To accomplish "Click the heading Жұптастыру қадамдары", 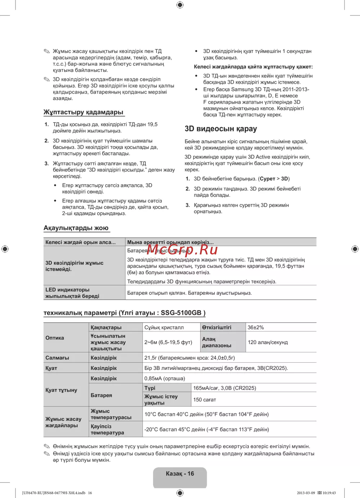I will pos(84,112).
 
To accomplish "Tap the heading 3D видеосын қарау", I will pos(221,129).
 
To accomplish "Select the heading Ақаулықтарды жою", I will pos(76,228).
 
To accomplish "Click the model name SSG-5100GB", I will pos(181,313).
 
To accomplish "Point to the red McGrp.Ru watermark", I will pos(183,249).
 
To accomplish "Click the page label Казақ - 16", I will pos(180,474).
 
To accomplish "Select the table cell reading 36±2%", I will pos(256,327).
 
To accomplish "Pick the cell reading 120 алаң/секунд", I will pos(268,342).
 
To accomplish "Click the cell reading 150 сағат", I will pos(204,400).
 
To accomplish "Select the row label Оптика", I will pos(55,338).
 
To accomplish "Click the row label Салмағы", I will pos(57,358).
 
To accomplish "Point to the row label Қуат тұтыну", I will pos(61,390).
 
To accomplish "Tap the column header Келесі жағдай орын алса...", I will pos(80,243).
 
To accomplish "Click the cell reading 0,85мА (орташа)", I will pos(165,379).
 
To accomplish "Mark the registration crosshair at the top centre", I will pos(180,5).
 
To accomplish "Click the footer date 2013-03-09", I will pos(306,493).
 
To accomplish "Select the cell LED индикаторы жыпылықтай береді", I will pos(72,293).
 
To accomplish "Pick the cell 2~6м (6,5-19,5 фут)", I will pos(168,342).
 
